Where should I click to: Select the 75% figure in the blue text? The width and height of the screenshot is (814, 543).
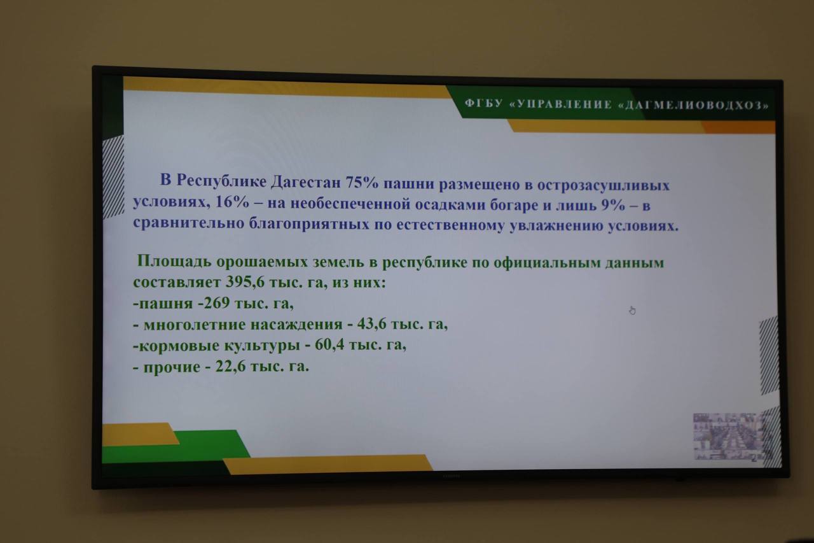(362, 182)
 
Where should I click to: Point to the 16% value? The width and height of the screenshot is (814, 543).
(232, 202)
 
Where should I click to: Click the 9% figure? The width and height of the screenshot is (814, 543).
(613, 206)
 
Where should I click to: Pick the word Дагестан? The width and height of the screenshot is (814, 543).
(306, 181)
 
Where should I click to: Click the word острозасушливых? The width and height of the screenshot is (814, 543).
(604, 185)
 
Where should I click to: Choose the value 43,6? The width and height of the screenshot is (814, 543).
(371, 323)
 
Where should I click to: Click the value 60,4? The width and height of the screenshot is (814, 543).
(329, 344)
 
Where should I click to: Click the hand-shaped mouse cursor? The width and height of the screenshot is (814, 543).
(632, 310)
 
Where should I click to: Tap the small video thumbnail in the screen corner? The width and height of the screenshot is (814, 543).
(731, 437)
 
